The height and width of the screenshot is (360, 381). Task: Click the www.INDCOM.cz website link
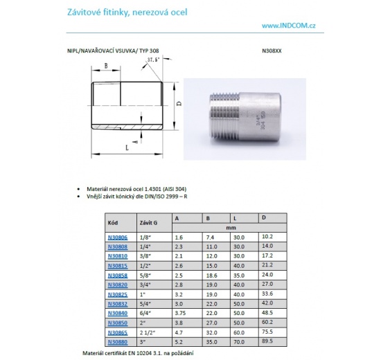290,25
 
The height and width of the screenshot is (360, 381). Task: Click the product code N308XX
272,51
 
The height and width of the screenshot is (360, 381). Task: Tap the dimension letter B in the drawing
106,66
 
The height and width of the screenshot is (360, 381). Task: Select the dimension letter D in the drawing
179,103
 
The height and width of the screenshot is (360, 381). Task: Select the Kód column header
114,223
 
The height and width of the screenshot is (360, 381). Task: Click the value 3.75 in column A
179,312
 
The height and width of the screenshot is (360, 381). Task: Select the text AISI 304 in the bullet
174,188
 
